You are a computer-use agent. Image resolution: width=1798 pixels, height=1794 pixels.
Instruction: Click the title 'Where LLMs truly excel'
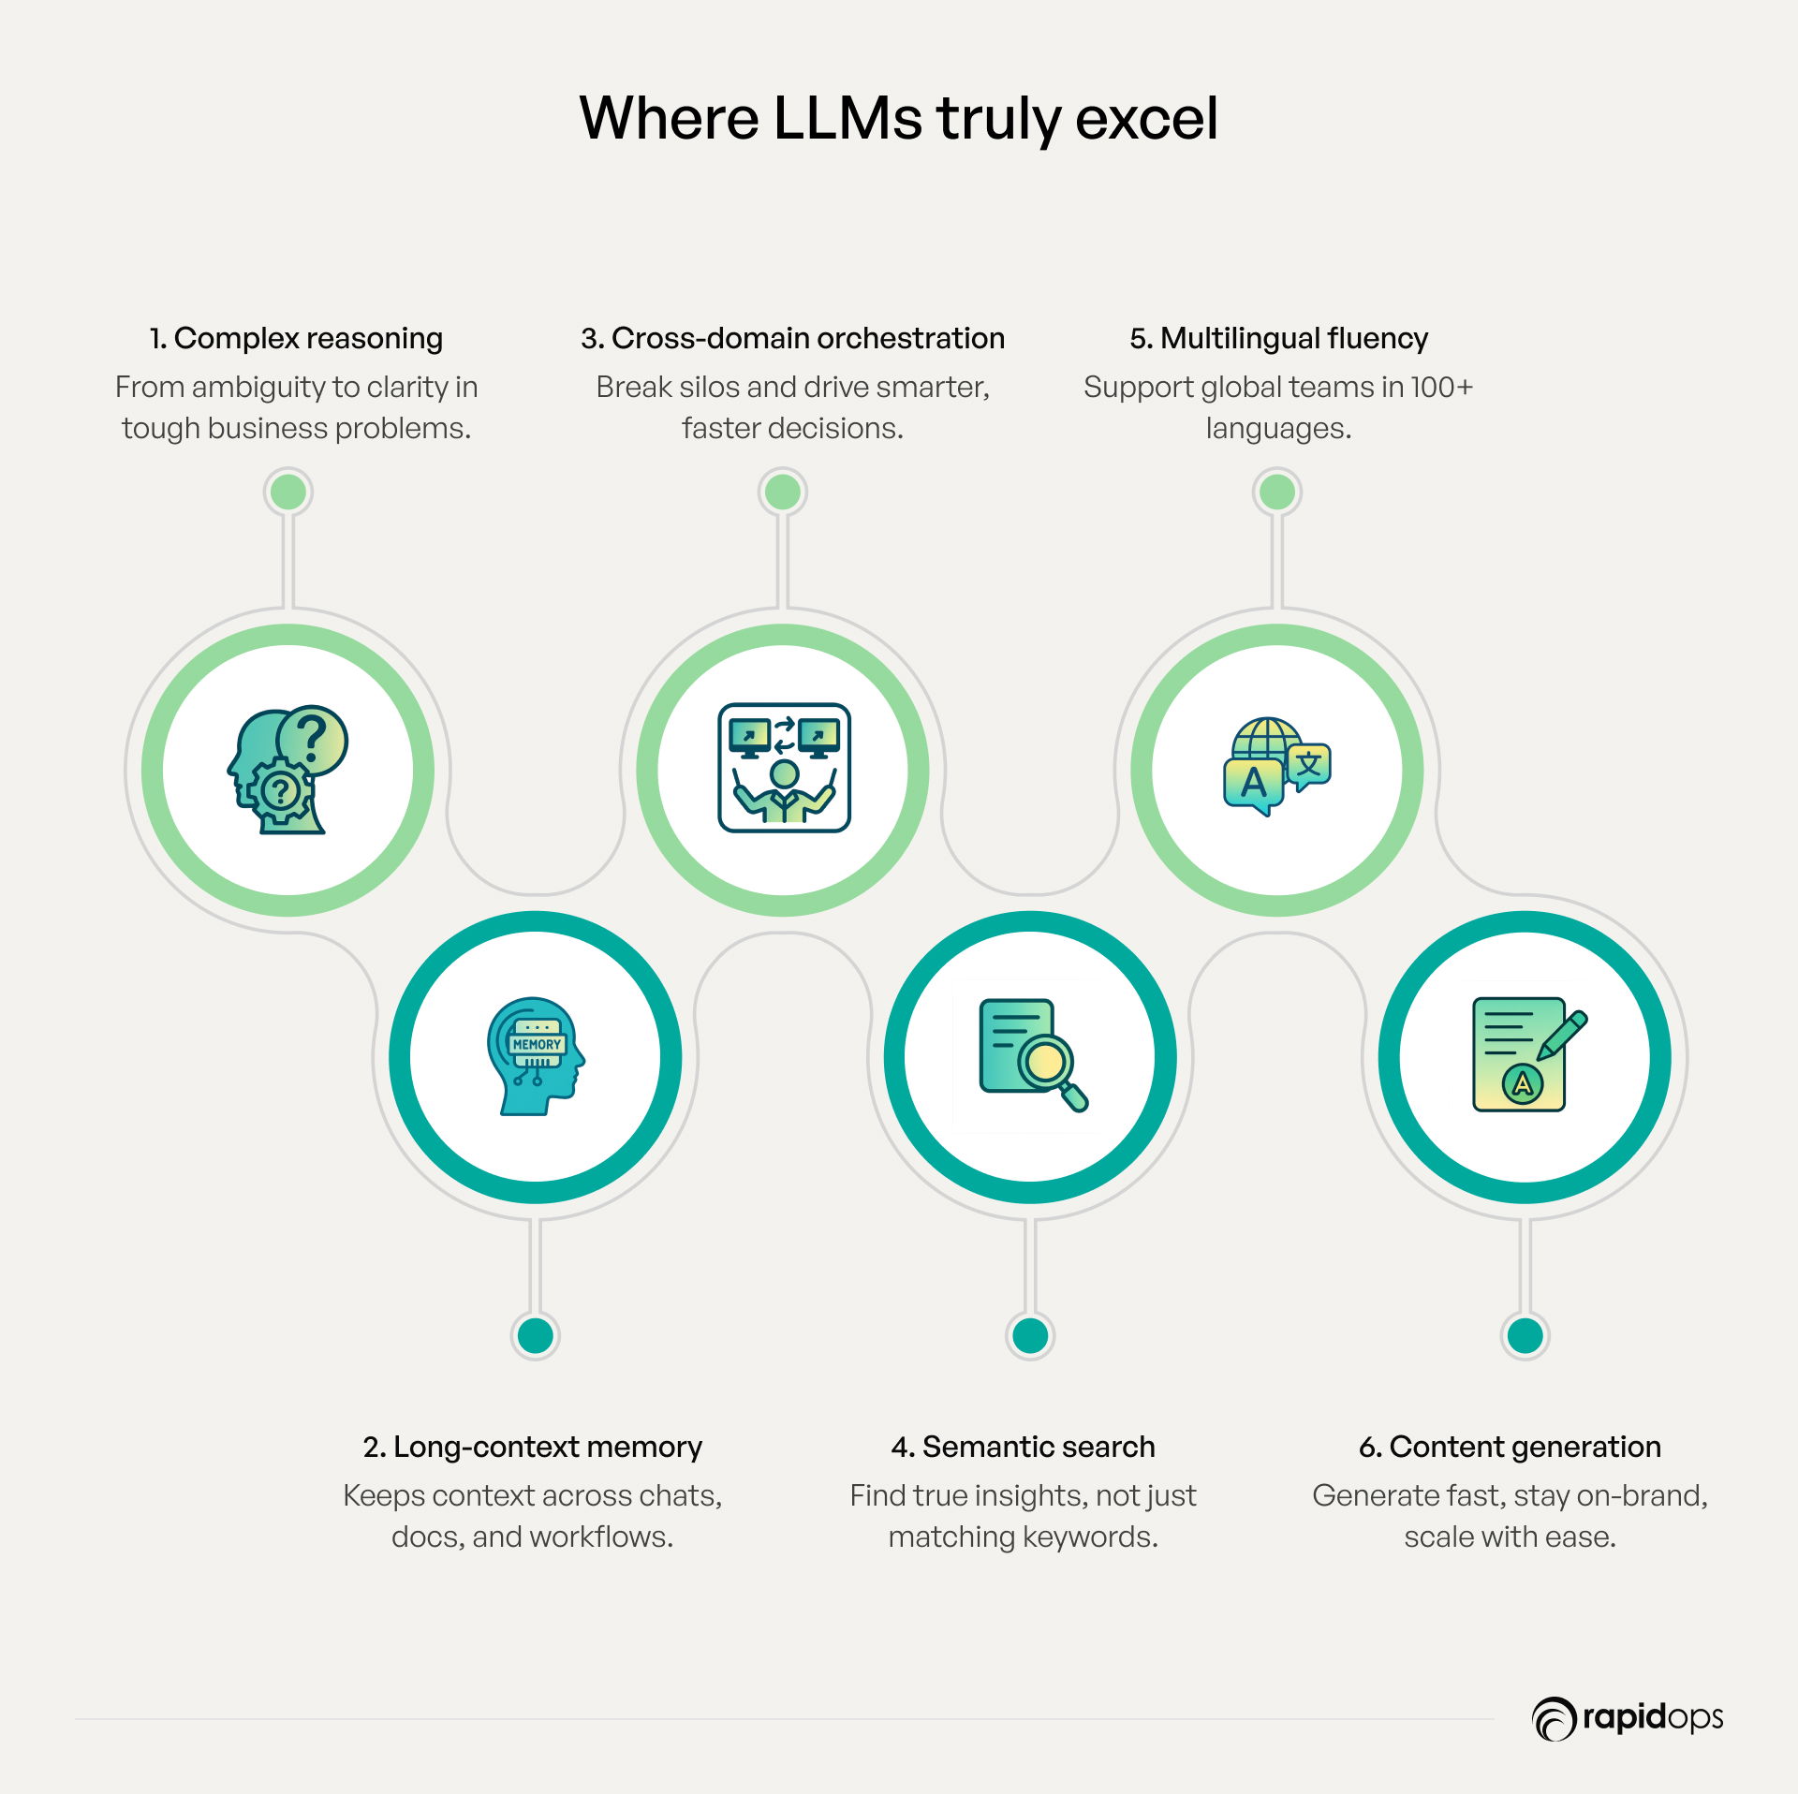click(899, 120)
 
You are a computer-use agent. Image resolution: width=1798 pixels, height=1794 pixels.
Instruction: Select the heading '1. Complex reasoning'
click(296, 339)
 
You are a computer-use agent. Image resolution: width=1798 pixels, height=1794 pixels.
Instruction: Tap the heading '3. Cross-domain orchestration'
click(792, 338)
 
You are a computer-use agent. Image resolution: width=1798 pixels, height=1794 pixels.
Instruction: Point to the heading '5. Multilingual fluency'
click(1278, 339)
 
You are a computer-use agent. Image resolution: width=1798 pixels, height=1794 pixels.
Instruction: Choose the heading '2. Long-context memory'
click(532, 1448)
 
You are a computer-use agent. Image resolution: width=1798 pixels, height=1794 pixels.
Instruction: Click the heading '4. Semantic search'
click(1023, 1448)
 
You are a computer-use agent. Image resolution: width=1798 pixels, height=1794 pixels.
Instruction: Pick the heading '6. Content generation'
click(1510, 1448)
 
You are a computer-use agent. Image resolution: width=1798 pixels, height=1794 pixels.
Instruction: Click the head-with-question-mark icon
click(287, 770)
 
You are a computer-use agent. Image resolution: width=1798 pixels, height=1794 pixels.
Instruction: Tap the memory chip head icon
click(536, 1056)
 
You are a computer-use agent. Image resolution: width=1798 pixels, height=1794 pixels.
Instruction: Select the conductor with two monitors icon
click(784, 768)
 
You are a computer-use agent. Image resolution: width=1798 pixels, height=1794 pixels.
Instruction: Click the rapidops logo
click(1628, 1718)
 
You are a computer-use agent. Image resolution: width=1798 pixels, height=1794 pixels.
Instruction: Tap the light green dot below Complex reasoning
click(288, 492)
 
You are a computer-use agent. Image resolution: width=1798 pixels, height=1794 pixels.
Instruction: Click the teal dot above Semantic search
click(1030, 1336)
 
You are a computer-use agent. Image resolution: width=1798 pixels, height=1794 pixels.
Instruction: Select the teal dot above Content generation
click(1525, 1336)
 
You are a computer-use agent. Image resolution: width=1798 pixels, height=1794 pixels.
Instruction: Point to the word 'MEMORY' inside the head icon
click(537, 1044)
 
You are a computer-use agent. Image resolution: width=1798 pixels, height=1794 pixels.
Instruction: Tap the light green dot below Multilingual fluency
click(1277, 492)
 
